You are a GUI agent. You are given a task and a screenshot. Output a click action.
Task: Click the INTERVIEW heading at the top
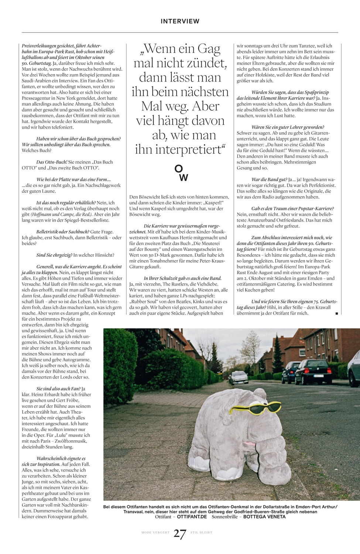click(180, 21)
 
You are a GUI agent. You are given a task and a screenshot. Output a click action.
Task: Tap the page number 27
click(180, 534)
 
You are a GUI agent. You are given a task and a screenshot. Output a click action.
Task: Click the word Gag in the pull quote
click(209, 48)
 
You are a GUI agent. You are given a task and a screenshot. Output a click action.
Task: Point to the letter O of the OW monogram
click(178, 168)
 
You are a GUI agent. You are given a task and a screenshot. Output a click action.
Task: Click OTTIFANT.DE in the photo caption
click(192, 517)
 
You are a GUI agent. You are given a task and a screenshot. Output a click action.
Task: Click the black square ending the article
click(336, 314)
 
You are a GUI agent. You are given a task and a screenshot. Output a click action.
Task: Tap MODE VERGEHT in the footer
click(155, 533)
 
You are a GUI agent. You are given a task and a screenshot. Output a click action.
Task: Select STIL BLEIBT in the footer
click(201, 533)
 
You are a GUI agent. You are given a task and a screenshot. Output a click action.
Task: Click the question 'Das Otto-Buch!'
click(52, 162)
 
